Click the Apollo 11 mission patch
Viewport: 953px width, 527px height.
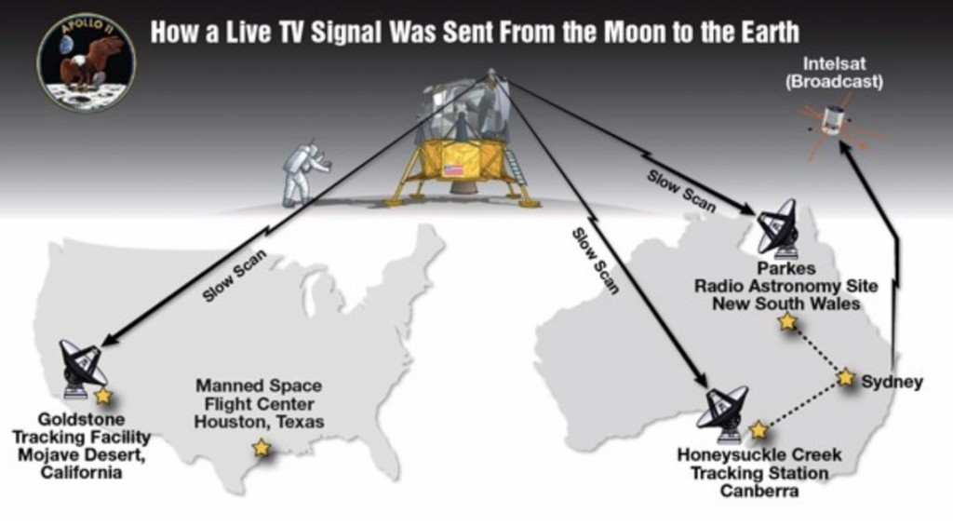[x=87, y=62]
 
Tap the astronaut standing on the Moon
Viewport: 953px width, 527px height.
[x=304, y=172]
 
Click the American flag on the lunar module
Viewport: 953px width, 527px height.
[x=453, y=169]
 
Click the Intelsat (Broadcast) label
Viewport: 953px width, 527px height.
[x=834, y=73]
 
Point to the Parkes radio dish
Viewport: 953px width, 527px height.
[x=777, y=227]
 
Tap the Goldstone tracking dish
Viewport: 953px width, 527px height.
[x=83, y=369]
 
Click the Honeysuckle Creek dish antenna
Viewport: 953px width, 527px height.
[x=724, y=413]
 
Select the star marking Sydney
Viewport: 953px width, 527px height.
[x=845, y=377]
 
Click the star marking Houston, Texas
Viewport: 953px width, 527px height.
[x=262, y=448]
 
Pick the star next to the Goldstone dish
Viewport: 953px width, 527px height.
[x=103, y=396]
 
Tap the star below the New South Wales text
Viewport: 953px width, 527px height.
[x=787, y=321]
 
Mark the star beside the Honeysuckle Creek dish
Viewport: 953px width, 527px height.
[x=758, y=430]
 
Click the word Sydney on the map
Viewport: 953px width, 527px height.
[x=893, y=382]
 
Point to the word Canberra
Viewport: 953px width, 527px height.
[x=759, y=490]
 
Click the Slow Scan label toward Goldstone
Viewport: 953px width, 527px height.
[x=235, y=276]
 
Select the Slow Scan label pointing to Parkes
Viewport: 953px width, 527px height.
[x=681, y=192]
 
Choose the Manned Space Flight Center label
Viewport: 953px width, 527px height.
[x=259, y=403]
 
